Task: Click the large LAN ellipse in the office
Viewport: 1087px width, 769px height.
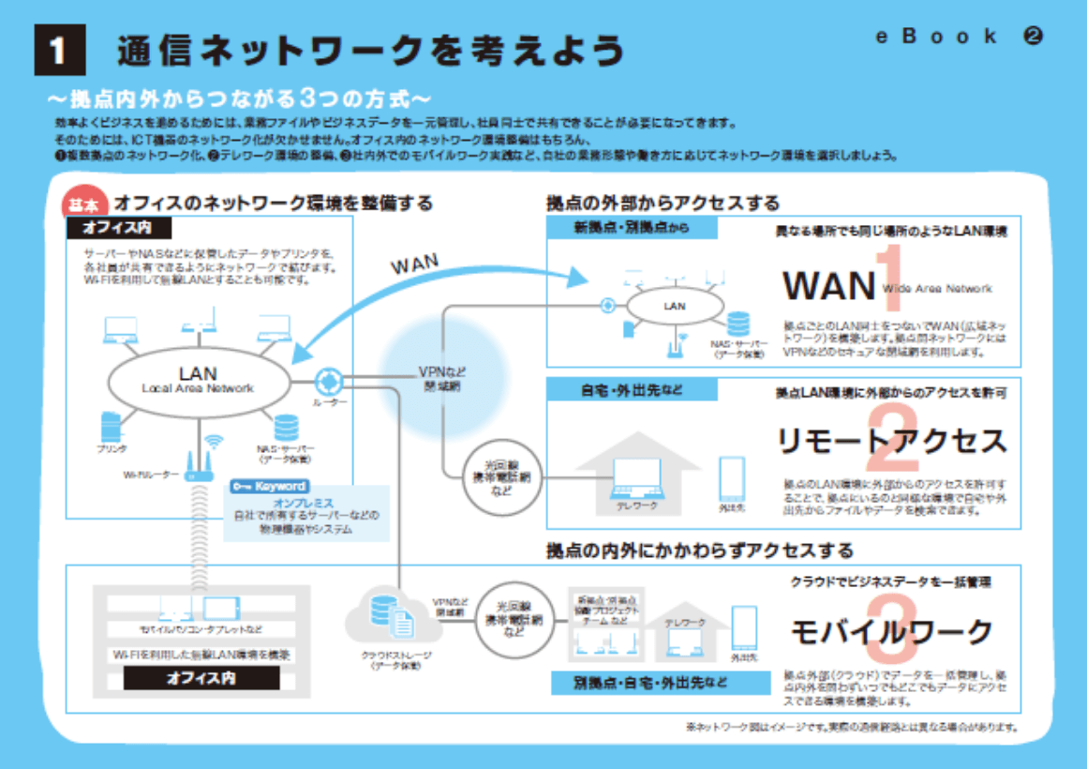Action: (x=197, y=380)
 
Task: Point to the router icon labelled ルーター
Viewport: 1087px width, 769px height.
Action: (x=329, y=380)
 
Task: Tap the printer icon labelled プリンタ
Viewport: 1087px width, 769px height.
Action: (x=111, y=428)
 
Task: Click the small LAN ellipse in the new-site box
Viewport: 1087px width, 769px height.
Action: (x=675, y=306)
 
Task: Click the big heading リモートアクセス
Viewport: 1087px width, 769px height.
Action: (x=891, y=441)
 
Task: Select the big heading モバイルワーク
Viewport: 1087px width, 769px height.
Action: (x=891, y=632)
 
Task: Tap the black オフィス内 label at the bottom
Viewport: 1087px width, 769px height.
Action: (x=201, y=679)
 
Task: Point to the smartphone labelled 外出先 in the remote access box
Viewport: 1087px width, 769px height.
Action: (x=731, y=480)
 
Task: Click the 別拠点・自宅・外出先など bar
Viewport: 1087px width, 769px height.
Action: (x=650, y=682)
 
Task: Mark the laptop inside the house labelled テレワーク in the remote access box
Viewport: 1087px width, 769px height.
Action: (x=636, y=478)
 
